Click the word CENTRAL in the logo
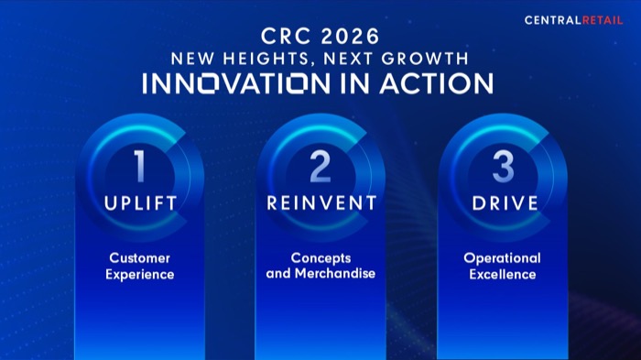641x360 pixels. click(x=552, y=20)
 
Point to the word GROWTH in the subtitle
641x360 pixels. click(x=429, y=59)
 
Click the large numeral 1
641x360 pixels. click(x=139, y=168)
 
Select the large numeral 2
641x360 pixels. click(x=320, y=168)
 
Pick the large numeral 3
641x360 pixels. click(x=503, y=168)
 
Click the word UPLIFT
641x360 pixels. click(x=140, y=203)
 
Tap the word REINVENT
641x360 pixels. click(x=321, y=203)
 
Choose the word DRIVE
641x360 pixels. click(x=503, y=203)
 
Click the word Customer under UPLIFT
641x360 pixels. click(x=140, y=258)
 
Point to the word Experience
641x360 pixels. click(x=140, y=274)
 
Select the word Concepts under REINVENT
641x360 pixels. click(x=320, y=258)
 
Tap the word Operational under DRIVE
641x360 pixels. click(x=502, y=258)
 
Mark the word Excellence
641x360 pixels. click(x=502, y=274)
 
